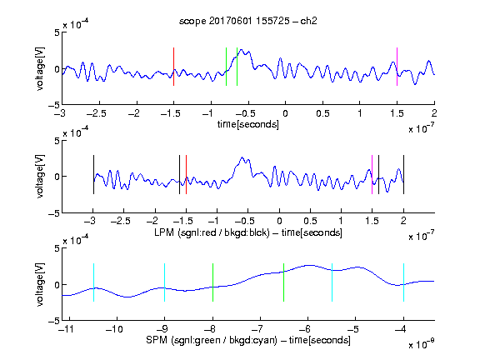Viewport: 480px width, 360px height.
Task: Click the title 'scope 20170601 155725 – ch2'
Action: click(x=248, y=21)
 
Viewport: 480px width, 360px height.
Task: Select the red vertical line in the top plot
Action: click(x=173, y=67)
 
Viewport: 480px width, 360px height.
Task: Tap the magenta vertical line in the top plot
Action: click(x=397, y=67)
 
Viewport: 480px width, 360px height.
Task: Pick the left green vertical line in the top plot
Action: click(x=226, y=67)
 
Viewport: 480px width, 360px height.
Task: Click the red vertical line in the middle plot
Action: click(x=186, y=174)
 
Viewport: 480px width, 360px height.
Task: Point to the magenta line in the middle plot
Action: click(x=372, y=174)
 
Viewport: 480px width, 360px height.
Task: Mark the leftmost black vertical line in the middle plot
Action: click(x=93, y=174)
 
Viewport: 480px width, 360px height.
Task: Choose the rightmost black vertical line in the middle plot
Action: click(x=403, y=174)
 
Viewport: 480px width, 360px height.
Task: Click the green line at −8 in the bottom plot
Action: click(x=212, y=282)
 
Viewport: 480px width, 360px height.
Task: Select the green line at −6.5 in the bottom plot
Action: click(x=284, y=282)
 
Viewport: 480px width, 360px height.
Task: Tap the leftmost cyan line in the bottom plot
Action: click(x=93, y=282)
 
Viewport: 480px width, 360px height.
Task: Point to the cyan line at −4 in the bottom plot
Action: click(x=403, y=282)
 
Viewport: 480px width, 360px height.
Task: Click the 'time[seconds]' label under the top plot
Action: click(x=248, y=124)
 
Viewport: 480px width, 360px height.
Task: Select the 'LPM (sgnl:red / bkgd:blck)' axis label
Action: click(x=212, y=232)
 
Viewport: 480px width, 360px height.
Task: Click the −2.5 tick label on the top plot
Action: click(x=97, y=113)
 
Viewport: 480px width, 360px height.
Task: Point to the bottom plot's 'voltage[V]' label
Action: click(x=40, y=284)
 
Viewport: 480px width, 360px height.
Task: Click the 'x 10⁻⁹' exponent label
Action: click(x=421, y=344)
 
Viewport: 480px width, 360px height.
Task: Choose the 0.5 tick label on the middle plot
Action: click(x=310, y=221)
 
